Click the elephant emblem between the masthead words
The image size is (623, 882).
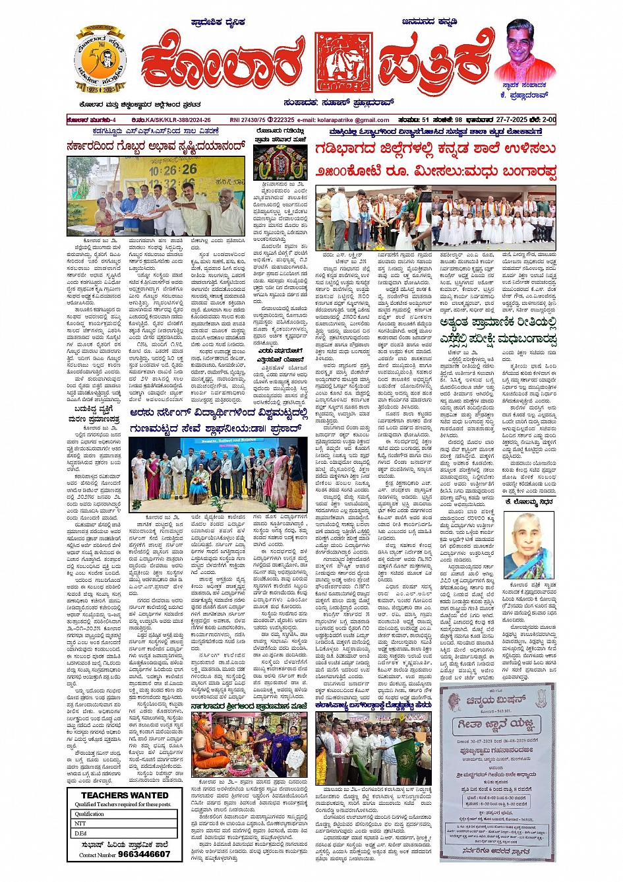click(343, 62)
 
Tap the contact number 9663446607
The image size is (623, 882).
click(143, 854)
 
